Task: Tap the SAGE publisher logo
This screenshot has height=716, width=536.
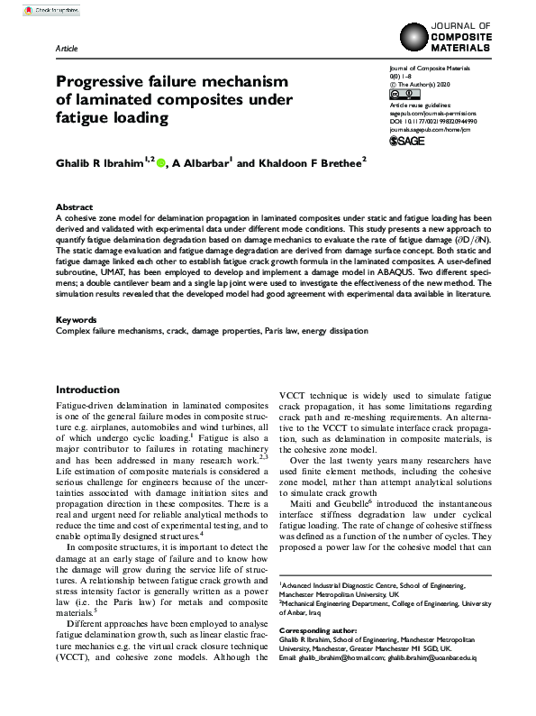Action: click(x=406, y=142)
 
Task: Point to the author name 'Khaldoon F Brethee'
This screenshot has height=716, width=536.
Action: click(x=293, y=162)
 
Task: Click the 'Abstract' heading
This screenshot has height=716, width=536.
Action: click(x=74, y=207)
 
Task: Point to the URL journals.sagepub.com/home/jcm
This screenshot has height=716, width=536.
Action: click(x=430, y=128)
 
